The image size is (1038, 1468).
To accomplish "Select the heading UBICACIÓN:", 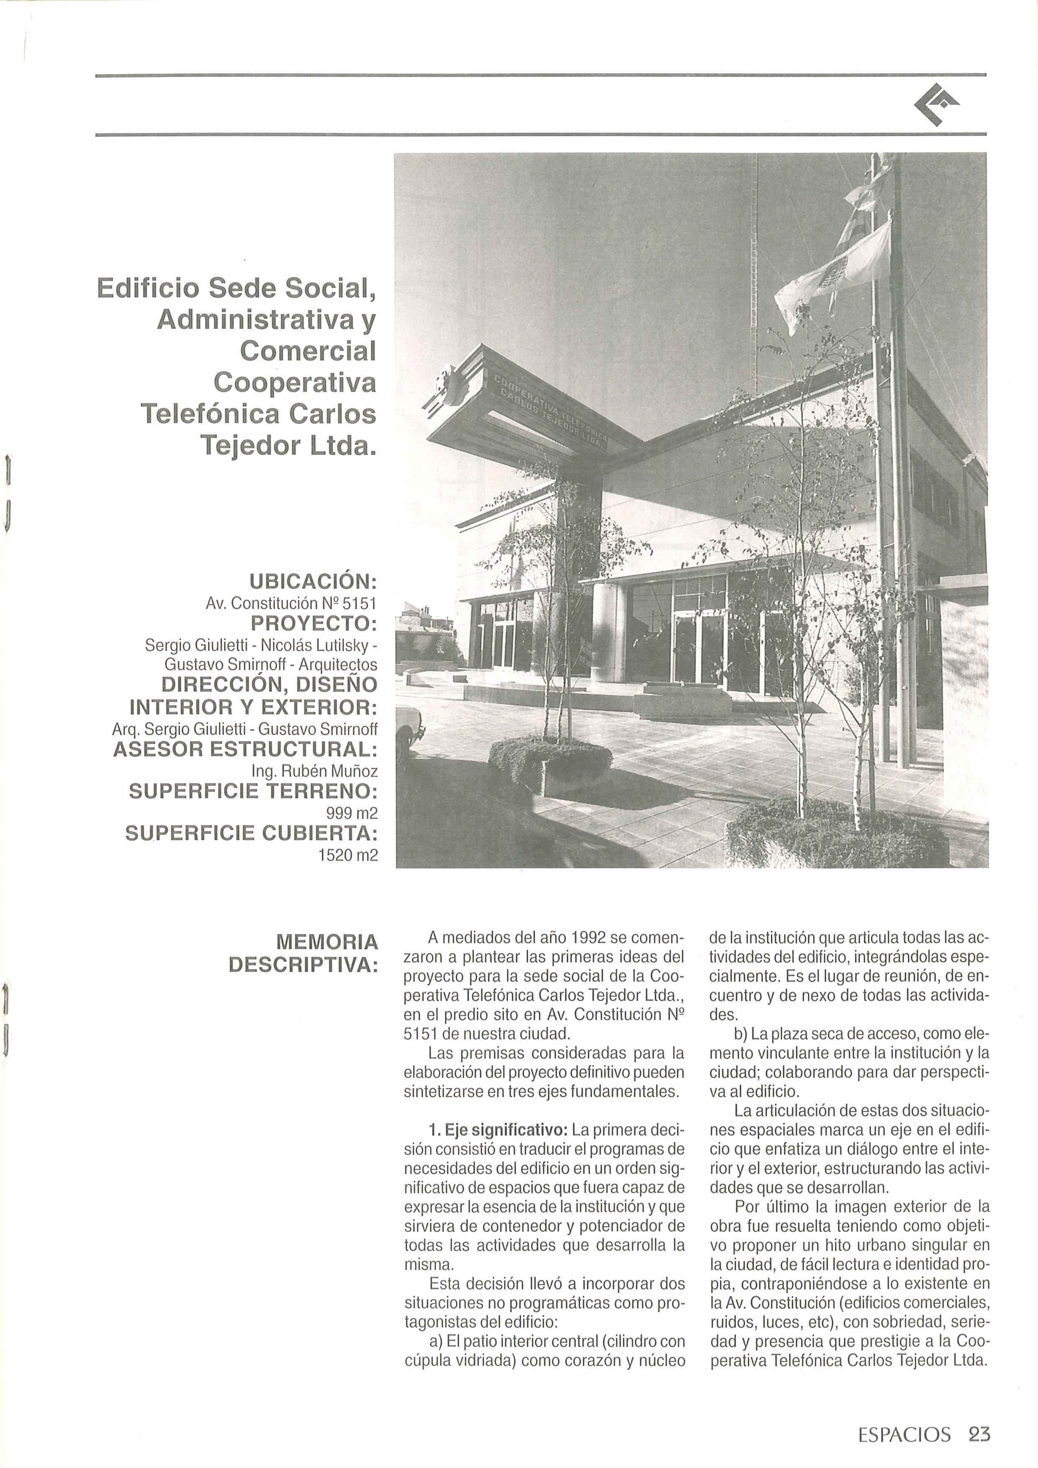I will [313, 582].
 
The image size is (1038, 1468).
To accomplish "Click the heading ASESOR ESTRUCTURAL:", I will [245, 749].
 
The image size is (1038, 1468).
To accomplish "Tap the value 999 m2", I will [352, 813].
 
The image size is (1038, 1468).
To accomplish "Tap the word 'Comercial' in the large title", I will [308, 351].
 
